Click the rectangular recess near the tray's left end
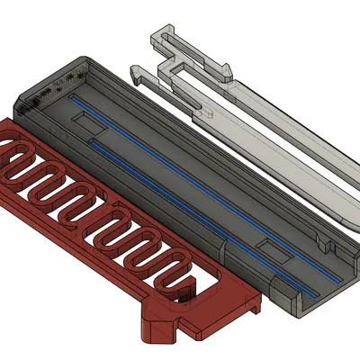90,120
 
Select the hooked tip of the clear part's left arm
137,69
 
